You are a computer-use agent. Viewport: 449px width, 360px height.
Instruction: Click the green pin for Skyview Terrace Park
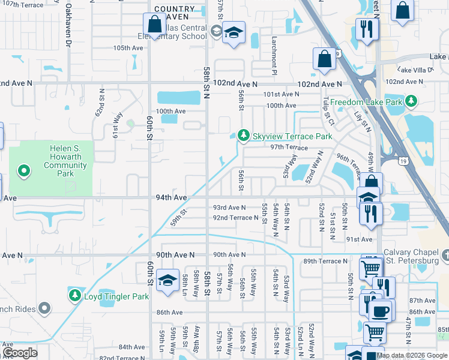pos(243,136)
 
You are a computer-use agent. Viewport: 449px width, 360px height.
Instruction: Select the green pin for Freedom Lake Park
pos(411,101)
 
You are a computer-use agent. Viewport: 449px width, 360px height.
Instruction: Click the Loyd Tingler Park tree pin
pos(75,296)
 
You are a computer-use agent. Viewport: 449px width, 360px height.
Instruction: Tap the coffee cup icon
pos(379,311)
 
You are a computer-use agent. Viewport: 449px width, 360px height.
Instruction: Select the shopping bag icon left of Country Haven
pos(155,25)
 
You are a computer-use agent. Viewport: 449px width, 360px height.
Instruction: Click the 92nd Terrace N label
pos(235,217)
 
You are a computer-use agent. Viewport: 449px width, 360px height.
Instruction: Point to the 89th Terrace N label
pos(326,261)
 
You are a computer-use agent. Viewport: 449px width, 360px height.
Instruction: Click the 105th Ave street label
pos(128,47)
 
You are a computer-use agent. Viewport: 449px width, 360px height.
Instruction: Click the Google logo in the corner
pos(20,353)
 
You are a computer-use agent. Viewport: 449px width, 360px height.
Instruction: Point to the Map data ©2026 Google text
pos(412,355)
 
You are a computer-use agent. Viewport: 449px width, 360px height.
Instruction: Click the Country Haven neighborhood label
pos(174,14)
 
